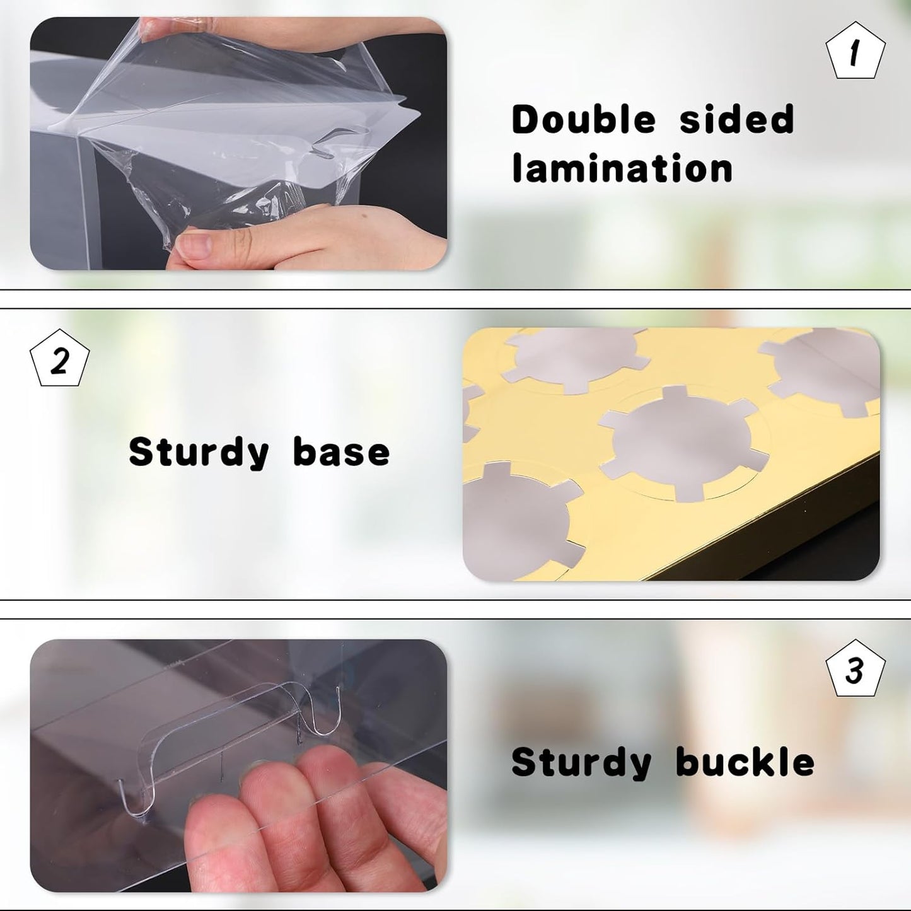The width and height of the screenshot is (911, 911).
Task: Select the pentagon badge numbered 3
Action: pyautogui.click(x=855, y=668)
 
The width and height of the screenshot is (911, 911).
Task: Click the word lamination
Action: pyautogui.click(x=622, y=168)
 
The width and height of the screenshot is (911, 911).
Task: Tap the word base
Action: pyautogui.click(x=341, y=452)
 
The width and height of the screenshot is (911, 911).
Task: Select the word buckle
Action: pyautogui.click(x=746, y=762)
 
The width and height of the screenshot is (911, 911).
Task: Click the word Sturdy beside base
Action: pyautogui.click(x=199, y=453)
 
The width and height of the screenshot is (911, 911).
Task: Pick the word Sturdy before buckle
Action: pyautogui.click(x=581, y=763)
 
